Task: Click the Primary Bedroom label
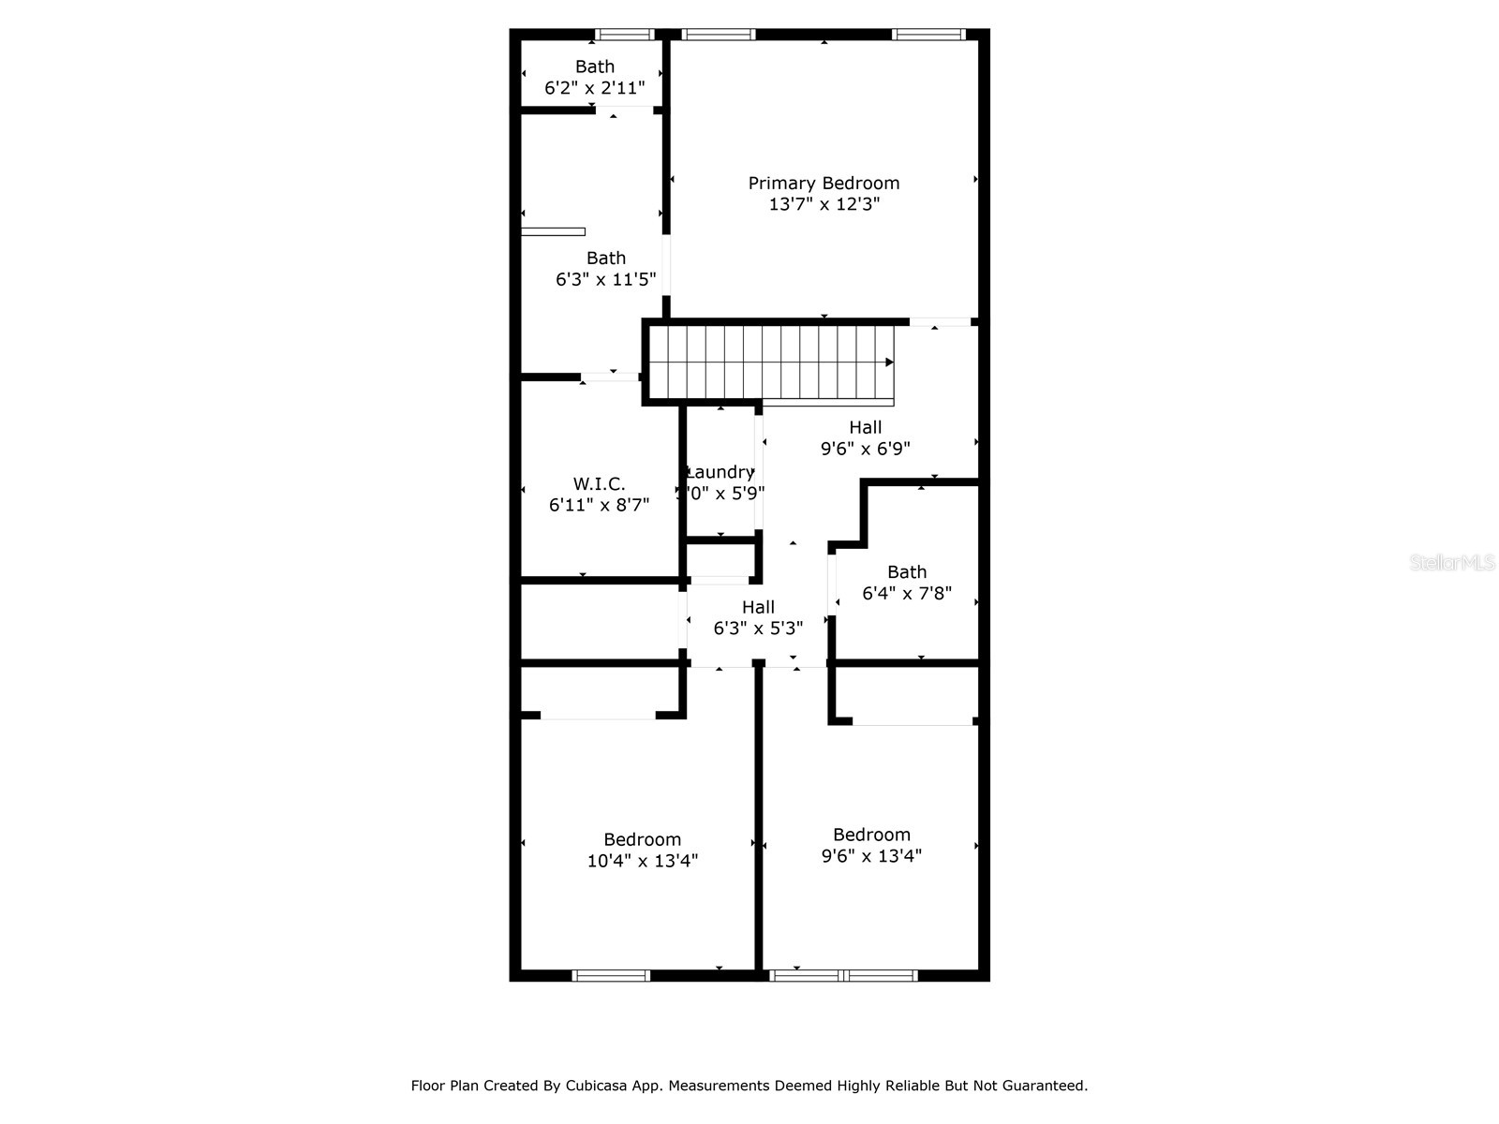tap(824, 183)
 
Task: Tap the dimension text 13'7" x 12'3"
tap(824, 204)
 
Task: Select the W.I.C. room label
tap(599, 483)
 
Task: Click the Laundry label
tap(720, 472)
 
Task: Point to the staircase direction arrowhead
tap(889, 362)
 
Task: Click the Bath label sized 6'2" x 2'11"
tap(595, 67)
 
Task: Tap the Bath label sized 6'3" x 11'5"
tap(606, 258)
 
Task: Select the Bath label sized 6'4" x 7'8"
tap(907, 571)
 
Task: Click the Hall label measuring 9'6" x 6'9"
tap(865, 427)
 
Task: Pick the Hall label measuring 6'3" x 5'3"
tap(758, 607)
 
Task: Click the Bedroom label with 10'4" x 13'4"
tap(642, 839)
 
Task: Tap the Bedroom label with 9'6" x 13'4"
tap(871, 835)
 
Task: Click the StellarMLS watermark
tap(1452, 563)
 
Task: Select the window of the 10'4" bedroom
tap(611, 975)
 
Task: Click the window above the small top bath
tap(625, 35)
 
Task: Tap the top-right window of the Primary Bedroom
tap(928, 35)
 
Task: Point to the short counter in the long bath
tap(553, 231)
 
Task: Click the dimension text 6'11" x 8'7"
tap(599, 505)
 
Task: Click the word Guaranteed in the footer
tap(1044, 1086)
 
